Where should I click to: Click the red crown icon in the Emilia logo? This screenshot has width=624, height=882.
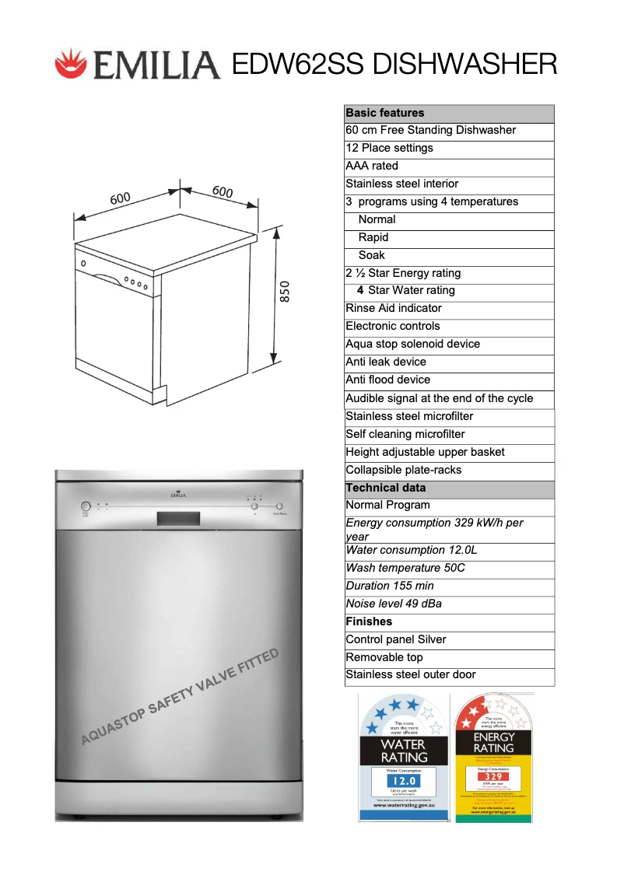click(x=71, y=63)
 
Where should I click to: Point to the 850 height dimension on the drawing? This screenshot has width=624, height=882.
click(x=285, y=292)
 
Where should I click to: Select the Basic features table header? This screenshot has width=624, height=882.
click(x=385, y=113)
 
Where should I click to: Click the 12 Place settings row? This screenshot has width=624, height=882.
click(x=389, y=148)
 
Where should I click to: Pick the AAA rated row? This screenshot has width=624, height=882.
click(x=372, y=166)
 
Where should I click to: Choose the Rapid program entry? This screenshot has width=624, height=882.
click(x=373, y=237)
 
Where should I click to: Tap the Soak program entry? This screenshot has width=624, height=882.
click(x=371, y=255)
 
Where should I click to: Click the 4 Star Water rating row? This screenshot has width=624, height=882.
click(x=405, y=290)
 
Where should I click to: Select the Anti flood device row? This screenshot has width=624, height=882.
click(x=387, y=380)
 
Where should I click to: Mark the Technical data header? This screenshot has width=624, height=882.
click(x=386, y=488)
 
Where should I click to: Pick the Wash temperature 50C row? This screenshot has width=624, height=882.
click(x=405, y=568)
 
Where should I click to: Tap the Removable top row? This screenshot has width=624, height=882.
click(x=384, y=657)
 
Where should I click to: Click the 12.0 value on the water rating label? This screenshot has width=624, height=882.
click(x=403, y=780)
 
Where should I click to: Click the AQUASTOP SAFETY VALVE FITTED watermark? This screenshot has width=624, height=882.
click(x=180, y=697)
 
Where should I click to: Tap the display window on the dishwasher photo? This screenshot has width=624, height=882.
click(x=178, y=518)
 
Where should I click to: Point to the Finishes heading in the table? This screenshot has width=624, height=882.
click(x=369, y=621)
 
